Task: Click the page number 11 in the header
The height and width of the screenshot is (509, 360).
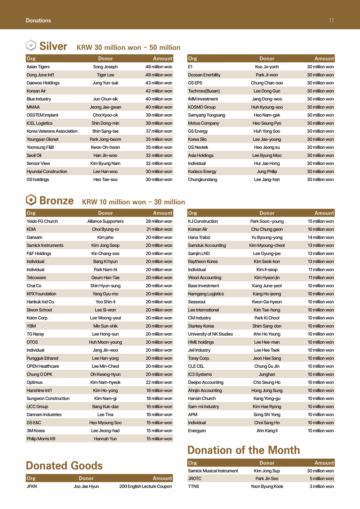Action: (x=331, y=21)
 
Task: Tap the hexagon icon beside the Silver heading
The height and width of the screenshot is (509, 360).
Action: (x=31, y=45)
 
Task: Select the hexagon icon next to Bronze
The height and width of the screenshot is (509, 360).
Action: (x=31, y=200)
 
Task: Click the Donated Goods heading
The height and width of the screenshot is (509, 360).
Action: (x=64, y=465)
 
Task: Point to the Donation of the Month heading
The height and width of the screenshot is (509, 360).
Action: (x=243, y=450)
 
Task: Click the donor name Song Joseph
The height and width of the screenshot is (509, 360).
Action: (x=105, y=67)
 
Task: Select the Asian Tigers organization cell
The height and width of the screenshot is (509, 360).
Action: (x=38, y=67)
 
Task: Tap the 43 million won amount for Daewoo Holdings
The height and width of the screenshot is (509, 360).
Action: (x=159, y=83)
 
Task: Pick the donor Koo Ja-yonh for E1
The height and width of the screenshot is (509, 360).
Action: (x=267, y=67)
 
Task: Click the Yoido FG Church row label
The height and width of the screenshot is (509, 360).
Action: (x=42, y=222)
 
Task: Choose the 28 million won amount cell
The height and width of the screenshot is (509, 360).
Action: (x=159, y=222)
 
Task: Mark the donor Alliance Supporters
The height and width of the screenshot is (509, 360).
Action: (x=105, y=222)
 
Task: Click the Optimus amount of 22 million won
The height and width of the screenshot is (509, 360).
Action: (x=159, y=382)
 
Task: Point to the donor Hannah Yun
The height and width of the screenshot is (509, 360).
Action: (x=105, y=439)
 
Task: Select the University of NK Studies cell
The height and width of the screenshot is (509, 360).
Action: (x=210, y=334)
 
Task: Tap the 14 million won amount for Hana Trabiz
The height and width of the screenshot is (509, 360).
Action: (x=320, y=237)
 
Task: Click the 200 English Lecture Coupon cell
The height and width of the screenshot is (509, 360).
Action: (x=145, y=486)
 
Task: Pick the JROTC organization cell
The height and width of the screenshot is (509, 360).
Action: (x=195, y=479)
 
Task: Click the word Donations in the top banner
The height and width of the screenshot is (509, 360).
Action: (x=38, y=21)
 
